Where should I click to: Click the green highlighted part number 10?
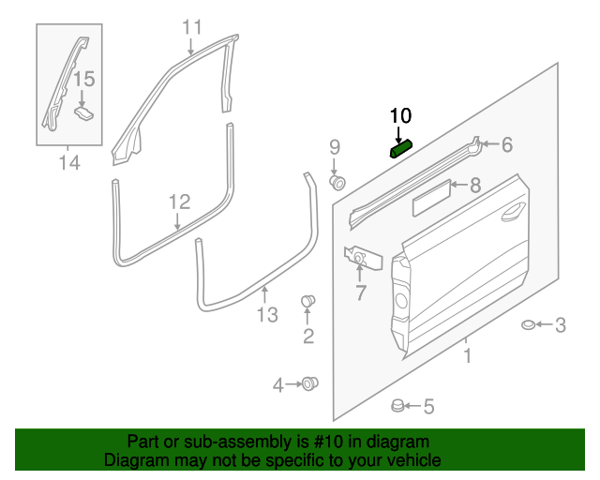click(x=401, y=148)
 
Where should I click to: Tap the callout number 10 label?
click(x=400, y=115)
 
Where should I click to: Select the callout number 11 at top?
click(x=191, y=26)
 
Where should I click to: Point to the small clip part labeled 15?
click(x=84, y=112)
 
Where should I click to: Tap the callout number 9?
click(x=334, y=147)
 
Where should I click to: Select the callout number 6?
click(x=506, y=144)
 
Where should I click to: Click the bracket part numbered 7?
click(x=361, y=257)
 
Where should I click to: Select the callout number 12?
click(x=179, y=202)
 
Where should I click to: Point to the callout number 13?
click(x=267, y=315)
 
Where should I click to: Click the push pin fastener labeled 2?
click(x=307, y=301)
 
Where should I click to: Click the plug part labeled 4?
click(x=309, y=383)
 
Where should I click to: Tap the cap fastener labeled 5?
click(x=397, y=406)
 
